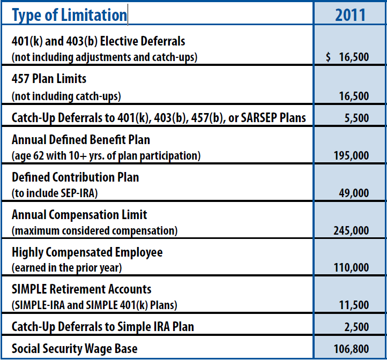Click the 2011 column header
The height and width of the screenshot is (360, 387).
pyautogui.click(x=350, y=14)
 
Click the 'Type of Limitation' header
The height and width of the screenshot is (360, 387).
pyautogui.click(x=69, y=15)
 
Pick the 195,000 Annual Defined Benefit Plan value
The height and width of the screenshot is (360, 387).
pyautogui.click(x=352, y=156)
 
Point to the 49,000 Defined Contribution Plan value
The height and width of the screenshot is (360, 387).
pyautogui.click(x=354, y=193)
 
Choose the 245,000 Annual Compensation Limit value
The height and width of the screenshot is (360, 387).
pyautogui.click(x=352, y=230)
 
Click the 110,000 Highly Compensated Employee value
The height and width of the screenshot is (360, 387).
pyautogui.click(x=352, y=267)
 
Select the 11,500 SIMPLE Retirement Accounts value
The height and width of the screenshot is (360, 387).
pyautogui.click(x=354, y=305)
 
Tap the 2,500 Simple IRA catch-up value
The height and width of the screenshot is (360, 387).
pyautogui.click(x=356, y=327)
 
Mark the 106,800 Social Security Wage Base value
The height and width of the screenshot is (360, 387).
pyautogui.click(x=352, y=349)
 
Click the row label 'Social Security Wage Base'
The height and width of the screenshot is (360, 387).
pyautogui.click(x=75, y=349)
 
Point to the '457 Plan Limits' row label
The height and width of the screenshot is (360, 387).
pyautogui.click(x=49, y=79)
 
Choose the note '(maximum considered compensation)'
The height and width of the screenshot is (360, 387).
pyautogui.click(x=94, y=231)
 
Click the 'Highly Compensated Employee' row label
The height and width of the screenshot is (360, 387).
pyautogui.click(x=87, y=252)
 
